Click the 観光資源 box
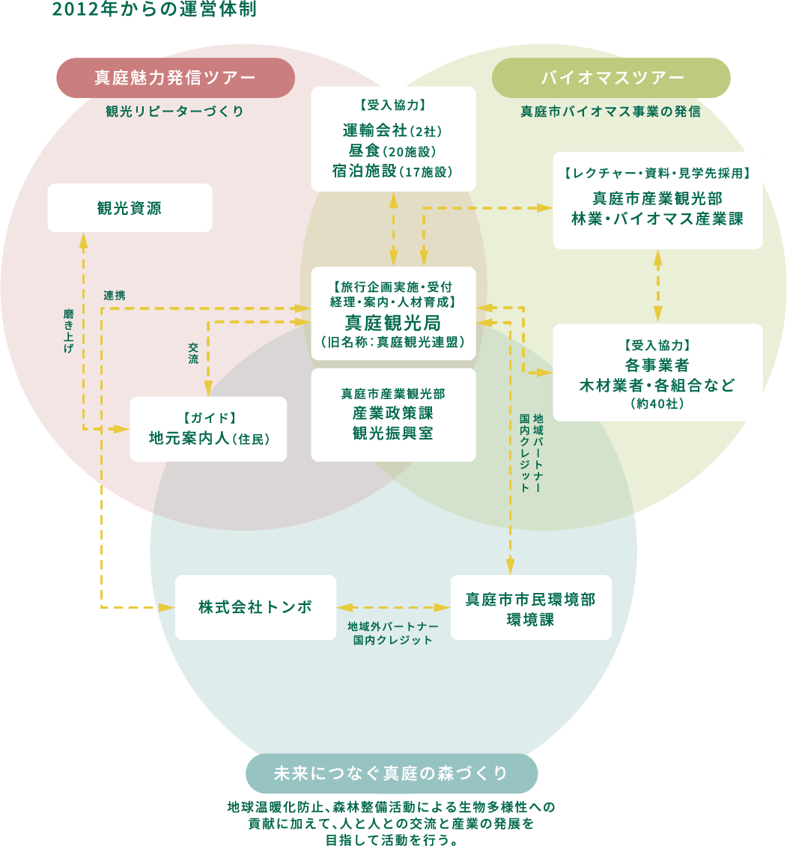(130, 208)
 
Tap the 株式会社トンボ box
(255, 607)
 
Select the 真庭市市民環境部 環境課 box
(530, 608)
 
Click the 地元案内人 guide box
(208, 429)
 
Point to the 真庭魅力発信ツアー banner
(174, 78)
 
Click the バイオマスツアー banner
(613, 78)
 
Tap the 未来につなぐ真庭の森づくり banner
(391, 773)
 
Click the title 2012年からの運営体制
(154, 10)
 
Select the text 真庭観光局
(392, 323)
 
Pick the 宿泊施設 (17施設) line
(392, 171)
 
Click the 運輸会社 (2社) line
(392, 130)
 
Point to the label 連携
(115, 295)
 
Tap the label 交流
(193, 353)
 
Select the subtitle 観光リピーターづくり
(174, 112)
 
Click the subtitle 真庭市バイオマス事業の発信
(610, 112)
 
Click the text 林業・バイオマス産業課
(657, 218)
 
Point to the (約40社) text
(657, 404)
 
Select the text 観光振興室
(392, 433)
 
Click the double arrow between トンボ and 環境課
(393, 607)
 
